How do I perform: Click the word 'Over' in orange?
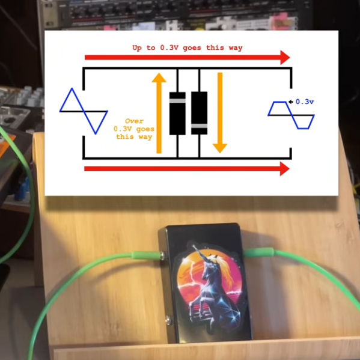click(x=134, y=121)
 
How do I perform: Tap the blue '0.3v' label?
click(x=305, y=102)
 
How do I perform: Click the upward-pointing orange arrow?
click(x=159, y=113)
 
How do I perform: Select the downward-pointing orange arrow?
click(x=220, y=113)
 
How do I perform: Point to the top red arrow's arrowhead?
click(x=285, y=58)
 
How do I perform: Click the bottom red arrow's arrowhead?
click(x=285, y=169)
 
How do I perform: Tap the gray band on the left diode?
click(x=177, y=100)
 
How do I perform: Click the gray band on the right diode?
click(x=200, y=126)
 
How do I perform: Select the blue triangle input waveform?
click(x=84, y=111)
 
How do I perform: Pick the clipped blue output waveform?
click(x=291, y=115)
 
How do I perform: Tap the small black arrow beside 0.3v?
click(x=291, y=102)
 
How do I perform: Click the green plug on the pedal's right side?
click(x=259, y=253)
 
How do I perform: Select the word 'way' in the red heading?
click(x=236, y=48)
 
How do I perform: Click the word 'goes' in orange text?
click(x=145, y=129)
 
